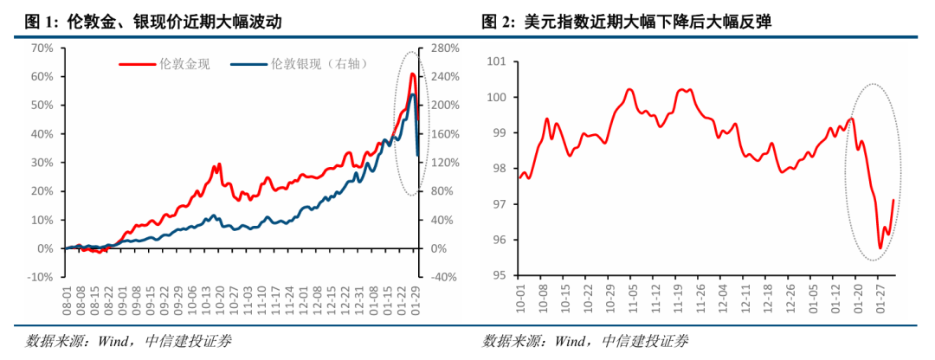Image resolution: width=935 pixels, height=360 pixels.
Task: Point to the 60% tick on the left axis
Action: click(x=42, y=76)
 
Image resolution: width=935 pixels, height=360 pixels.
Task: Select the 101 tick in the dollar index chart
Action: click(x=496, y=61)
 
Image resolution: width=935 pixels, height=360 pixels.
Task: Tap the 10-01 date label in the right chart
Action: click(x=519, y=303)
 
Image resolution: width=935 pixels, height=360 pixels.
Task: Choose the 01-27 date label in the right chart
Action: click(x=880, y=303)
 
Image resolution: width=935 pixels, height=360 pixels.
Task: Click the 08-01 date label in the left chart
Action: click(x=67, y=303)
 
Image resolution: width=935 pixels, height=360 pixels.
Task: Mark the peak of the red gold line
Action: click(x=412, y=74)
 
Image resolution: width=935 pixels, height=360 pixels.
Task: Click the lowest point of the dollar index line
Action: click(x=880, y=248)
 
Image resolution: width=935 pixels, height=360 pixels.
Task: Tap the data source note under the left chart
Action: click(x=127, y=340)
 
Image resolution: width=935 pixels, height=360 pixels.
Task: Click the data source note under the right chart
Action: click(x=586, y=340)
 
